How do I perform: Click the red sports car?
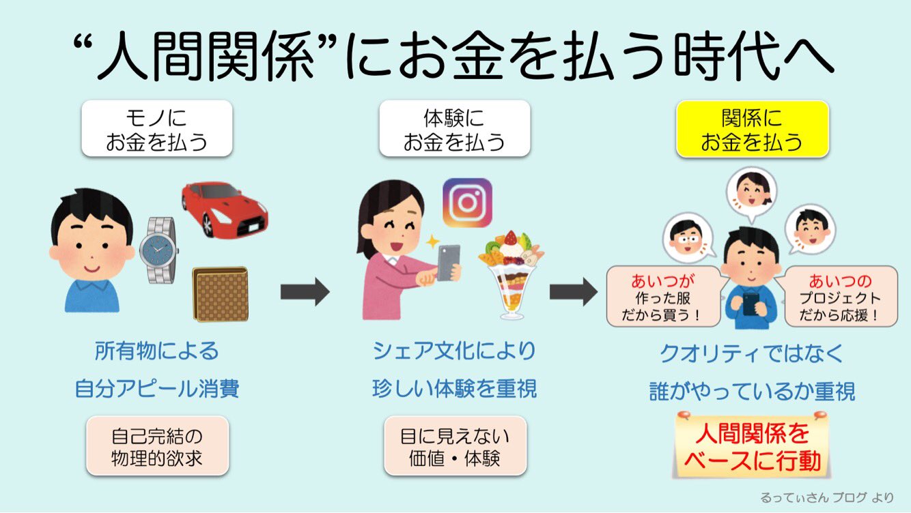[224, 207]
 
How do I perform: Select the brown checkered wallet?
[220, 294]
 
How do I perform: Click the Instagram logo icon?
[467, 203]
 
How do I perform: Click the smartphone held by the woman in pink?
[447, 262]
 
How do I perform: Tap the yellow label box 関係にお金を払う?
[752, 130]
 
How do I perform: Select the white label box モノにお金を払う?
[156, 130]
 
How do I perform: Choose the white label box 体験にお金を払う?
[454, 130]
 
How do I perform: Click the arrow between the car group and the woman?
[305, 293]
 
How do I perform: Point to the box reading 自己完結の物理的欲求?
[157, 446]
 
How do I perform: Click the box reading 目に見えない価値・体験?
[455, 446]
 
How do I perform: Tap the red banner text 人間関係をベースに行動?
[752, 447]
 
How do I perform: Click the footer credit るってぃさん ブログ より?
[826, 497]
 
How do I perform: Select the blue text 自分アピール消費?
[157, 389]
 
